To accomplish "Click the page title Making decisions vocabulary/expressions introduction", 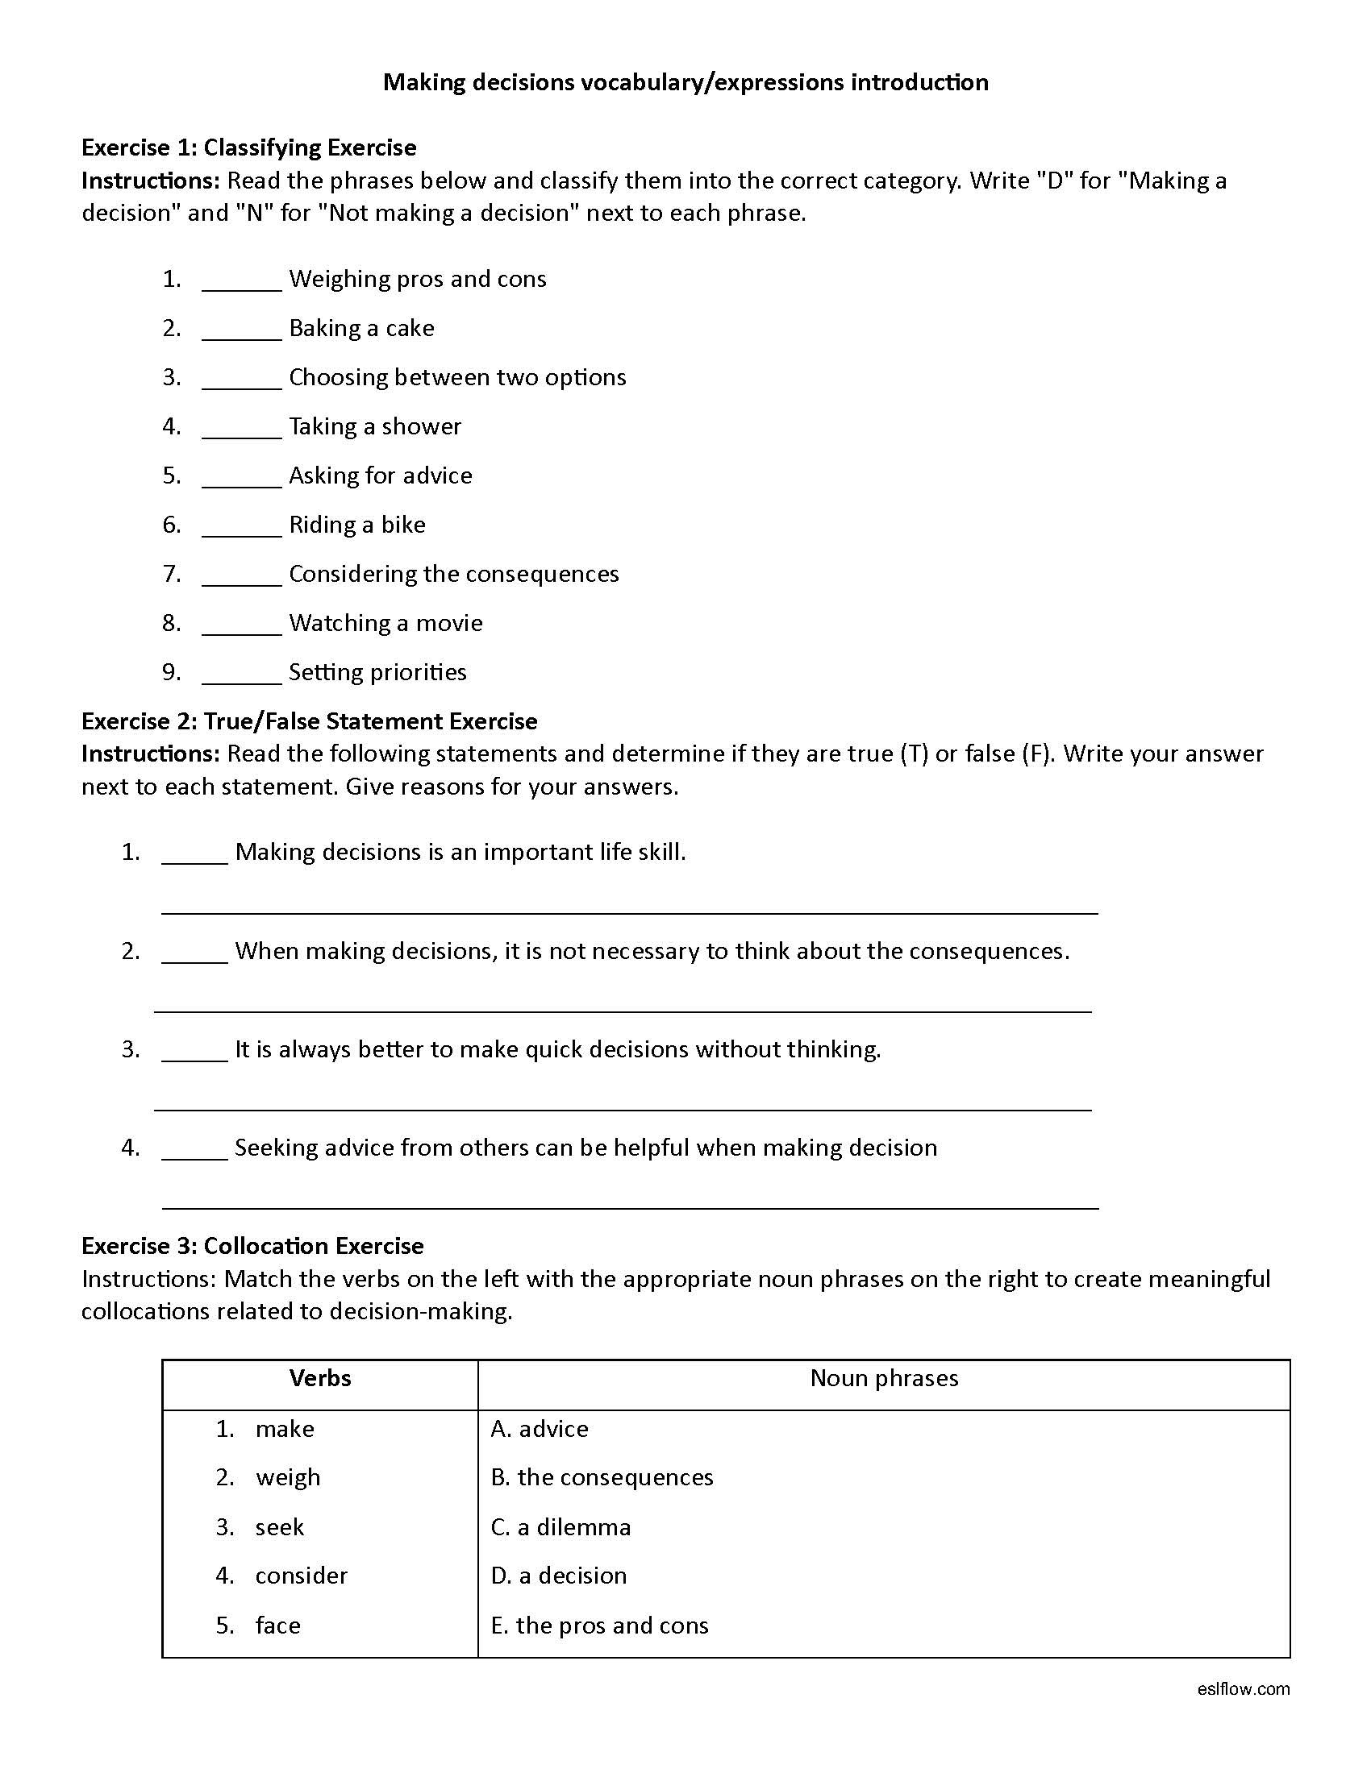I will pyautogui.click(x=685, y=82).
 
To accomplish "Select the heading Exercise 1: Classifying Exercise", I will pyautogui.click(x=248, y=147).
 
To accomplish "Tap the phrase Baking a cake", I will pyautogui.click(x=361, y=328).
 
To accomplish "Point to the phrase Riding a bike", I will pyautogui.click(x=356, y=525).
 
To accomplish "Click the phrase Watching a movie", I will pyautogui.click(x=385, y=623).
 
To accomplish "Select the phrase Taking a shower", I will pyautogui.click(x=374, y=426).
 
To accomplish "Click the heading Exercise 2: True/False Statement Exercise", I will pyautogui.click(x=309, y=721).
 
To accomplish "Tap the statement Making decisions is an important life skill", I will pyautogui.click(x=460, y=852).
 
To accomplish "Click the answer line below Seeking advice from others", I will pyautogui.click(x=630, y=1207).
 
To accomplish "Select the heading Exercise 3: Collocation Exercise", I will pyautogui.click(x=252, y=1246).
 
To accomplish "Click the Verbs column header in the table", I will pyautogui.click(x=320, y=1377).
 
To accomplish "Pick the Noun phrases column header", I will pyautogui.click(x=884, y=1377).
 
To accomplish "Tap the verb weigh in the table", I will pyautogui.click(x=288, y=1476).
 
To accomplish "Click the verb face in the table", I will pyautogui.click(x=277, y=1625).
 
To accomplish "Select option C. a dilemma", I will pyautogui.click(x=560, y=1527).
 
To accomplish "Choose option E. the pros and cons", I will pyautogui.click(x=599, y=1625).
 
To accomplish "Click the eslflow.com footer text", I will pyautogui.click(x=1243, y=1688).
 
